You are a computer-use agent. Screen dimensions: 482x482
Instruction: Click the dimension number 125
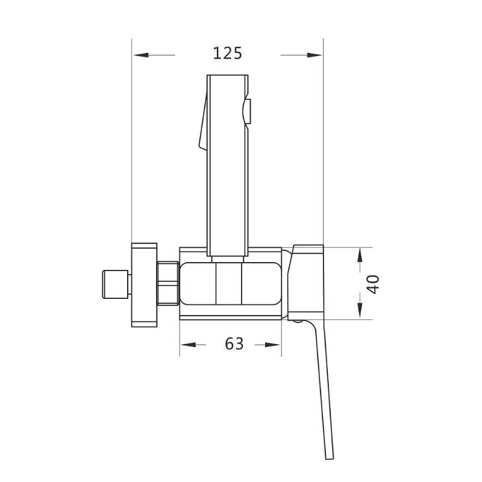click(x=228, y=54)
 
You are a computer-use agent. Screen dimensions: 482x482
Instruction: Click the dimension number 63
click(x=234, y=343)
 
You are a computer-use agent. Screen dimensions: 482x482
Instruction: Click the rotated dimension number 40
click(x=373, y=284)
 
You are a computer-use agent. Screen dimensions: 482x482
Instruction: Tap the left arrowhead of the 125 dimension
click(x=141, y=55)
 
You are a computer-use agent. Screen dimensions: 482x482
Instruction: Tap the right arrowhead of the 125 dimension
click(x=314, y=55)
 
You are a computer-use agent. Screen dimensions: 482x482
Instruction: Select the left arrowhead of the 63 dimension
click(x=188, y=345)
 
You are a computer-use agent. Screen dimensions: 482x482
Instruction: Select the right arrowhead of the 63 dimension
click(x=273, y=345)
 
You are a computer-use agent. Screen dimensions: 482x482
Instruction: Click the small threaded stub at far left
click(x=115, y=284)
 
